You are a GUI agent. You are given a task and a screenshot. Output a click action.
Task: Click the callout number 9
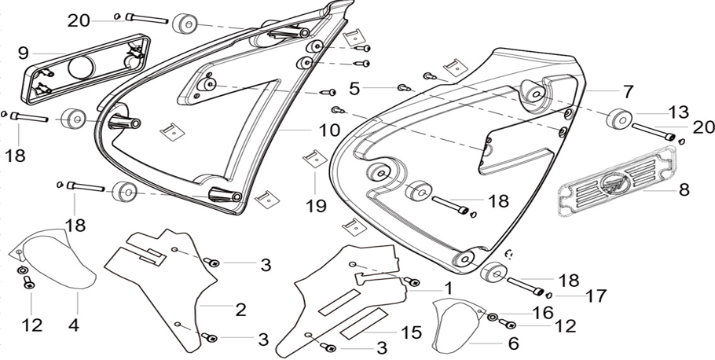(24, 53)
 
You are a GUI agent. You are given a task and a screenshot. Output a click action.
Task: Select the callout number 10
(329, 130)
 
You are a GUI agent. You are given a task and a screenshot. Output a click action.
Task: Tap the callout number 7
(629, 92)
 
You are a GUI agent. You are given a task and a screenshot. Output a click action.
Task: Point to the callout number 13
(691, 112)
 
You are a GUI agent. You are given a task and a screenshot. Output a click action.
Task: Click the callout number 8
(684, 189)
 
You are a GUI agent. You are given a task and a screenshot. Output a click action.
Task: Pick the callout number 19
(316, 206)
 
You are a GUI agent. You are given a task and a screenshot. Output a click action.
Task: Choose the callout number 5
(354, 89)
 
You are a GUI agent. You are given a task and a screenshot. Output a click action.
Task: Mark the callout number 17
(596, 296)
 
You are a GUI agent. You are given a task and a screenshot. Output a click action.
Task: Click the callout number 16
(543, 313)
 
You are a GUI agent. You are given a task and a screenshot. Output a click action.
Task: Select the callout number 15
(412, 332)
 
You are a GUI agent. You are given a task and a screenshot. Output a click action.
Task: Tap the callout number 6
(513, 343)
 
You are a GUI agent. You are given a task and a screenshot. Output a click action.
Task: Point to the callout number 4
(74, 325)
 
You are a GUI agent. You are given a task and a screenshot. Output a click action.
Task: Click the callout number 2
(240, 310)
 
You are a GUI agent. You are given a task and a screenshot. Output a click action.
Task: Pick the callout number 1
(449, 288)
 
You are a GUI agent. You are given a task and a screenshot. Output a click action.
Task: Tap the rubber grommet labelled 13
(619, 119)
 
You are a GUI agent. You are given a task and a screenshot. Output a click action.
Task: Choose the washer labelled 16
(493, 317)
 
